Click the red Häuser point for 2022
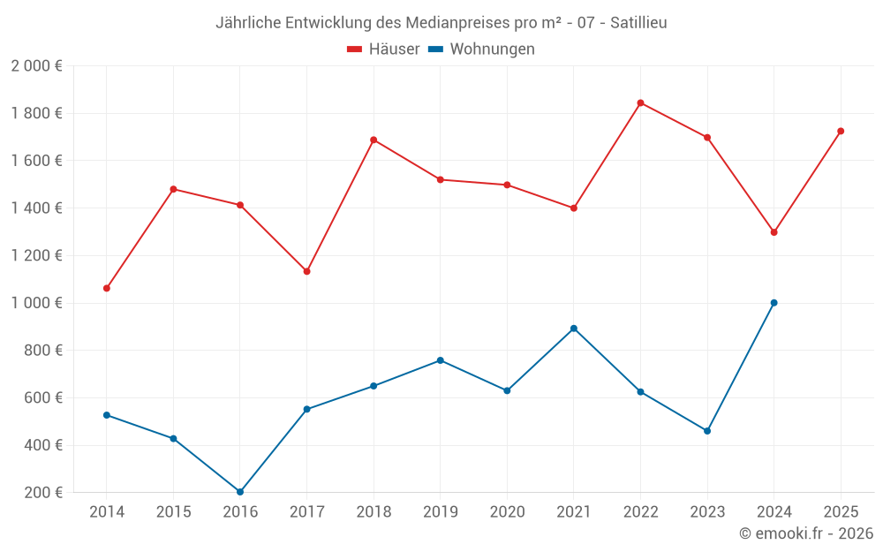[x=640, y=102]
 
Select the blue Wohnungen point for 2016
[x=240, y=492]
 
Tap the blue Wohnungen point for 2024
[x=774, y=303]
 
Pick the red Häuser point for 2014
[x=107, y=288]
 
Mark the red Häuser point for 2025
[x=841, y=131]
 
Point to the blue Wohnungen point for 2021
[x=574, y=329]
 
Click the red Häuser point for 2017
[x=306, y=271]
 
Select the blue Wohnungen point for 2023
[x=707, y=431]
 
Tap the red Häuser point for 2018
[x=374, y=140]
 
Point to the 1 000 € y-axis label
[x=36, y=303]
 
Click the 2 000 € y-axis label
[x=36, y=65]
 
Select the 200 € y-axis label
[x=42, y=492]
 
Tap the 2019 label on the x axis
[x=440, y=511]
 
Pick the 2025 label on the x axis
[x=841, y=511]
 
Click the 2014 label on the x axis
[x=107, y=511]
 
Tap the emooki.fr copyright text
[x=806, y=533]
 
